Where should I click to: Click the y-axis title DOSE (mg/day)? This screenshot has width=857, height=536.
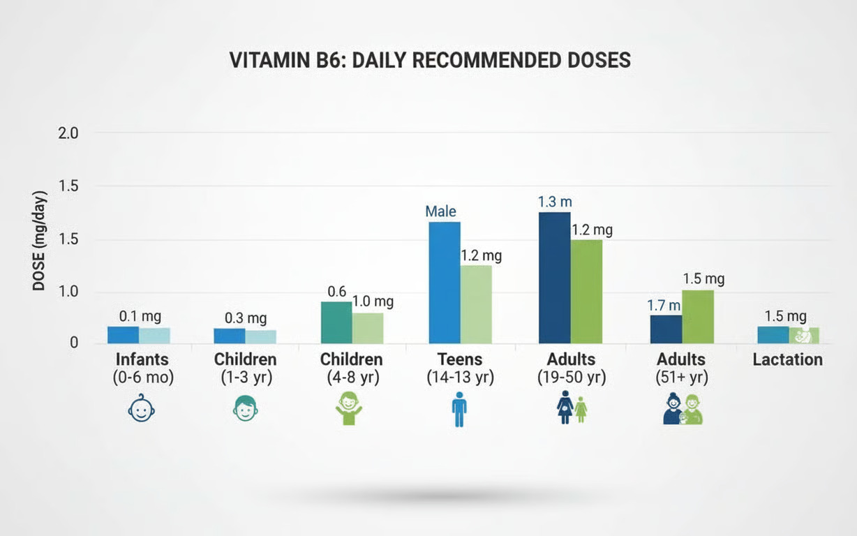[x=39, y=241]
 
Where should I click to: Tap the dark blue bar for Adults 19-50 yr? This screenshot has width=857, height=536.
[x=554, y=277]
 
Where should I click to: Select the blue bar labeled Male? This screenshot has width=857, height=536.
[x=444, y=282]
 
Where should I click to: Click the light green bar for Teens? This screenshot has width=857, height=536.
[x=475, y=304]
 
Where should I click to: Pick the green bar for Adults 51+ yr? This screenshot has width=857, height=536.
[x=698, y=316]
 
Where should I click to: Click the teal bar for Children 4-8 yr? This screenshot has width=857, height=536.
[x=336, y=322]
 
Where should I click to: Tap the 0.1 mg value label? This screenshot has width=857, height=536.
[x=140, y=316]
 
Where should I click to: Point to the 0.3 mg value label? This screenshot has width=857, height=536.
[x=246, y=318]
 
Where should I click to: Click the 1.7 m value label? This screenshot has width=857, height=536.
[x=664, y=305]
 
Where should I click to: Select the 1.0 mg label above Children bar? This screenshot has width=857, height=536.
[x=372, y=301]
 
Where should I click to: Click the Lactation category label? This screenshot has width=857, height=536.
[x=787, y=360]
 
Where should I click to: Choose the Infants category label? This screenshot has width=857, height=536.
[x=142, y=360]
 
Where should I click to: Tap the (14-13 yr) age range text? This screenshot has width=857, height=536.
[x=460, y=378]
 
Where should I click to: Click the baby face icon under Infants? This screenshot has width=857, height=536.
[x=142, y=410]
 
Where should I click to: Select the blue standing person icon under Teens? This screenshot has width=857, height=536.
[x=459, y=409]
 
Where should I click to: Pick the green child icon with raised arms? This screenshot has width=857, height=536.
[x=350, y=408]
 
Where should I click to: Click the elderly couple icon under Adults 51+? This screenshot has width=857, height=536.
[x=682, y=409]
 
